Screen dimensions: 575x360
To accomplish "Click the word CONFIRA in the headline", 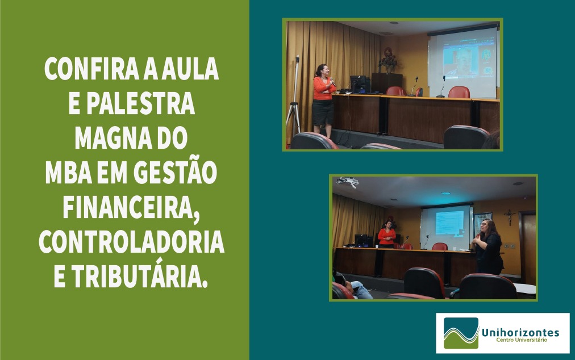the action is pos(91,69).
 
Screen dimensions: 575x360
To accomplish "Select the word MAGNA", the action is pos(113,138).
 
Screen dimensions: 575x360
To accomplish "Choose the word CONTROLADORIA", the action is pos(131,242).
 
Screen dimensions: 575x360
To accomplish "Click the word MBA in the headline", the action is pos(68,173).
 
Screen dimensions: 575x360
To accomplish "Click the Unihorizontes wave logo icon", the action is pos(461,333).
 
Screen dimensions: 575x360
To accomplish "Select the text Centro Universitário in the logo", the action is pos(522,340).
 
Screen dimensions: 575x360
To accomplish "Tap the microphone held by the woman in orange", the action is pos(332,82).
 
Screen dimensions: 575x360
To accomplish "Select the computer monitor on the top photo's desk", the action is pos(358,83).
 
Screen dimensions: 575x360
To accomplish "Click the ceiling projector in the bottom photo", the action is pos(347,182).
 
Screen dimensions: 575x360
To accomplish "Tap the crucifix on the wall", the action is pos(509,217).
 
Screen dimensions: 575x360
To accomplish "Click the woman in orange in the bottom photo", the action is pos(386,235).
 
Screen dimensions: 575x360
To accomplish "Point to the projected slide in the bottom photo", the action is pos(449,223).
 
